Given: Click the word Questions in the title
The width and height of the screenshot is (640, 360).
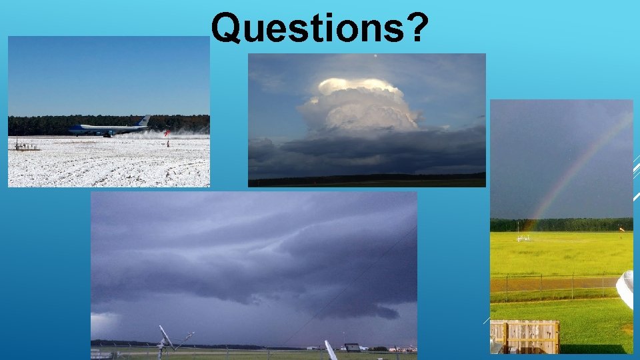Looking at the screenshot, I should [307, 28].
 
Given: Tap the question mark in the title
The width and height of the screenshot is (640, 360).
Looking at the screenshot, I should [414, 28].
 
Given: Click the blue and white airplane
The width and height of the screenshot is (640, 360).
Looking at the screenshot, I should [107, 129].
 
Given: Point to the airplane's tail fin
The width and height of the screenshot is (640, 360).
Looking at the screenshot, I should [143, 121].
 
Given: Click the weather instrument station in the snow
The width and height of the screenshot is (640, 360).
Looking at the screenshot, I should [27, 145].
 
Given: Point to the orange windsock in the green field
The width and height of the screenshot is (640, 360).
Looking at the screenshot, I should [621, 230].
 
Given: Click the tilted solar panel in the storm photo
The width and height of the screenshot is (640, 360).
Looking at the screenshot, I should [167, 337].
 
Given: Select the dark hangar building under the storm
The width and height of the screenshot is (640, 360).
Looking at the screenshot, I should [353, 347].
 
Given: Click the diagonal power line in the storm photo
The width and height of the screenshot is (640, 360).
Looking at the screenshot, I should [353, 280].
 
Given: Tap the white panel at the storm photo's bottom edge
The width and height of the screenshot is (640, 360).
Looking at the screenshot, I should [331, 351].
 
